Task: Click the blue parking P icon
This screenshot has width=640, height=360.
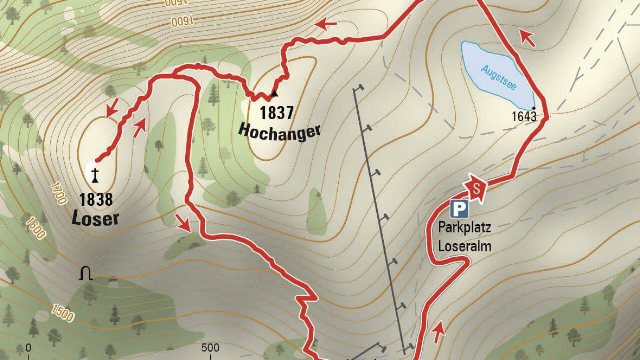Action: click(458, 209)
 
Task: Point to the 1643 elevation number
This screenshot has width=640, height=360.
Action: click(524, 117)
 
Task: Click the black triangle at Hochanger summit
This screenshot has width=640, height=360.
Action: click(274, 93)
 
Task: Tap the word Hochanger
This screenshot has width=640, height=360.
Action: click(279, 131)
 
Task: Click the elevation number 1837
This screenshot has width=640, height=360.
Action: click(276, 113)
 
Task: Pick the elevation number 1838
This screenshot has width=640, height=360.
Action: click(95, 200)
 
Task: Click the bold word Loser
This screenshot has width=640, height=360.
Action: click(95, 218)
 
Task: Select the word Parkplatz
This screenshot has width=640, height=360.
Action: click(464, 228)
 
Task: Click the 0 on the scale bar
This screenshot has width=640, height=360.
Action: click(28, 348)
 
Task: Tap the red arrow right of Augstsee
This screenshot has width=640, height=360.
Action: click(527, 38)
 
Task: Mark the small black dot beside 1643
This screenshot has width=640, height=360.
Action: click(534, 108)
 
